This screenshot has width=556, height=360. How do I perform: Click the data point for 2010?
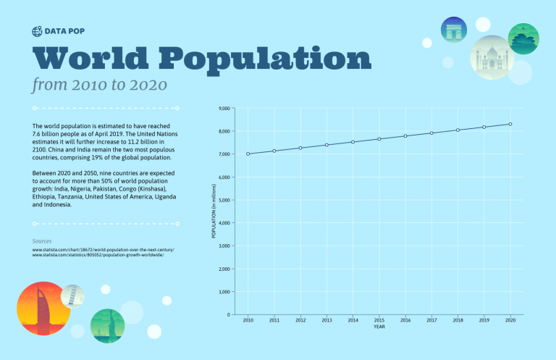[248, 154]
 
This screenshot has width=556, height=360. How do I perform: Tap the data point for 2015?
[379, 139]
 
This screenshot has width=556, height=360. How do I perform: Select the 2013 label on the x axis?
[327, 319]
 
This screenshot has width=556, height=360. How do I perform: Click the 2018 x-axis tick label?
[458, 319]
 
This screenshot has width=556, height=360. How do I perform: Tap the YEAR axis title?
[379, 327]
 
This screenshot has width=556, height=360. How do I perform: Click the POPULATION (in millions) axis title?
[214, 212]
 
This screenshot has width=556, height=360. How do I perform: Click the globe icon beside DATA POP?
[38, 31]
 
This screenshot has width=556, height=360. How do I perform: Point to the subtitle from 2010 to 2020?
[100, 85]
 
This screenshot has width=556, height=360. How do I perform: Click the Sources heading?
[42, 240]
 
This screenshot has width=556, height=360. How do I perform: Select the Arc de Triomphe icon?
[454, 30]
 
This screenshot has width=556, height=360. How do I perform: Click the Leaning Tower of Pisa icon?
[73, 294]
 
